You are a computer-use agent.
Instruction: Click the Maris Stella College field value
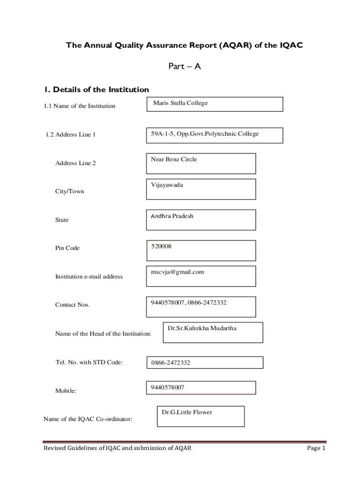(x=180, y=103)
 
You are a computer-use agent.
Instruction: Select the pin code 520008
(x=161, y=246)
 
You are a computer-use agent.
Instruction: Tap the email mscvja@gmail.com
(x=177, y=272)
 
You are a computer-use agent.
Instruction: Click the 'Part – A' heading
(x=184, y=66)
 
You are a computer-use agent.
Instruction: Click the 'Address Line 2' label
(x=76, y=163)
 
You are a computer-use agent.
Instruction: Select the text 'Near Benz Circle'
(x=173, y=160)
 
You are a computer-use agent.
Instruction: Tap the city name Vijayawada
(x=167, y=185)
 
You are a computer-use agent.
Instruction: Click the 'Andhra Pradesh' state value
(x=172, y=216)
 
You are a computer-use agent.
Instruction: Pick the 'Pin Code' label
(x=67, y=248)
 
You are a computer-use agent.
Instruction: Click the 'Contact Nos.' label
(x=72, y=305)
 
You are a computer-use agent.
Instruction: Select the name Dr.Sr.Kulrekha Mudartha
(x=202, y=328)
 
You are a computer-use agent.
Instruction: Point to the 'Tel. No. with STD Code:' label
(x=89, y=362)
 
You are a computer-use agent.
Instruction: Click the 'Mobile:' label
(x=65, y=391)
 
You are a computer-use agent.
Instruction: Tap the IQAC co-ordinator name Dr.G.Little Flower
(x=187, y=412)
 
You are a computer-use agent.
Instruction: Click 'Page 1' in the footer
(x=316, y=448)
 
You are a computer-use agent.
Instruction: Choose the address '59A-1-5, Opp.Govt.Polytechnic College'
(x=204, y=134)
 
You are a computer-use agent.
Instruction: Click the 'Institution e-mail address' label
(x=89, y=276)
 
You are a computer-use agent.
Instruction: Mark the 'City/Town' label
(x=70, y=191)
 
